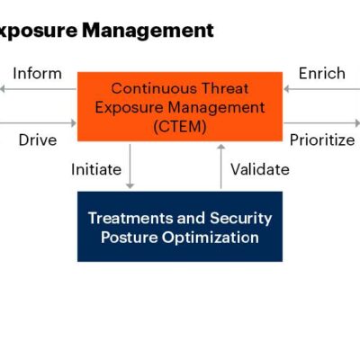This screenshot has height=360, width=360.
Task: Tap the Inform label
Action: (x=38, y=73)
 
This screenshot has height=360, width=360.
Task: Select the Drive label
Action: (x=38, y=139)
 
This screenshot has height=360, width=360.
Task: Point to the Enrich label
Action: (x=321, y=73)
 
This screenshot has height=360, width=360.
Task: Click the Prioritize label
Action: (x=321, y=139)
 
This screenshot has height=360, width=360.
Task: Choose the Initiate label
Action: (x=97, y=168)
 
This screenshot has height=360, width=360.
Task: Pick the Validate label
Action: (x=260, y=168)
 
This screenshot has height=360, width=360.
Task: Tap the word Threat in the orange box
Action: (x=223, y=88)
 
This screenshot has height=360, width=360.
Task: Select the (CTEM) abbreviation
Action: (x=180, y=127)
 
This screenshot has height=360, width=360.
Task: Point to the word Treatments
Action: (x=130, y=218)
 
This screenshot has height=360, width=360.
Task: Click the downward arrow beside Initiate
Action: (x=130, y=166)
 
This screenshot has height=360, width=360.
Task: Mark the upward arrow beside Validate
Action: (x=220, y=166)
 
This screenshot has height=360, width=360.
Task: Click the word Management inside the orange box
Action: (x=216, y=108)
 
